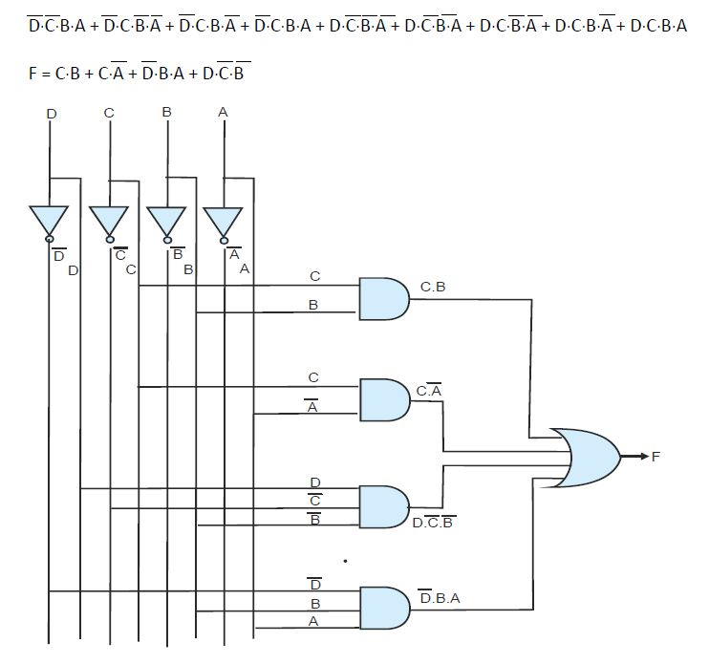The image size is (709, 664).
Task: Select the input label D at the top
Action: pyautogui.click(x=51, y=114)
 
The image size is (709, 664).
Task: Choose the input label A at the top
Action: pyautogui.click(x=223, y=112)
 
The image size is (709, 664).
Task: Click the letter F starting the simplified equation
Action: pyautogui.click(x=33, y=73)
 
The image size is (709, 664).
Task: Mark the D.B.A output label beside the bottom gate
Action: pyautogui.click(x=440, y=598)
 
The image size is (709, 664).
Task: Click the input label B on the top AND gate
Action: pyautogui.click(x=313, y=306)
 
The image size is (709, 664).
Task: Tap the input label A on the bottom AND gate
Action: pyautogui.click(x=313, y=621)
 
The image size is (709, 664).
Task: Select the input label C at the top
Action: pyautogui.click(x=109, y=113)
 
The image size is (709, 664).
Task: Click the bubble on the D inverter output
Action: pyautogui.click(x=50, y=240)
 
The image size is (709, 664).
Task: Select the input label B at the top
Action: pyautogui.click(x=166, y=112)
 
